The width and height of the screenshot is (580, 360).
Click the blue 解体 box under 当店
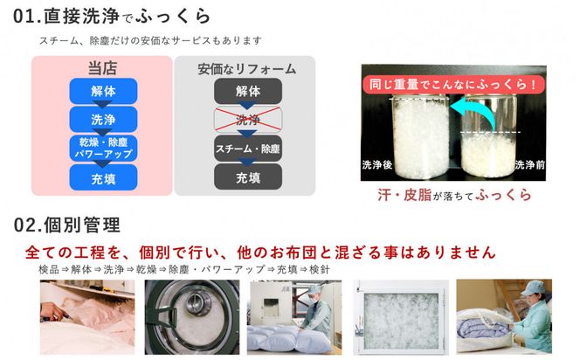[103, 91]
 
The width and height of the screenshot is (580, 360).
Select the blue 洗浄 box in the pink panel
[103, 119]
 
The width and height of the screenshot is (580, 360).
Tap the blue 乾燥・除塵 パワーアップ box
[103, 148]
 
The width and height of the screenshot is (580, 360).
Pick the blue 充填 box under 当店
[103, 178]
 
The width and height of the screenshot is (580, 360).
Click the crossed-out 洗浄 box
[248, 120]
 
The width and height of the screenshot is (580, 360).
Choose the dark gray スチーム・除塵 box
[248, 149]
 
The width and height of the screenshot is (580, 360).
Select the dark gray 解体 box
[248, 91]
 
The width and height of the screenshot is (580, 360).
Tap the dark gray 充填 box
[248, 177]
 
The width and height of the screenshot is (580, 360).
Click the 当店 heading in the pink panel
[102, 68]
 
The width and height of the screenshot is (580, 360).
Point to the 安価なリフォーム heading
[246, 69]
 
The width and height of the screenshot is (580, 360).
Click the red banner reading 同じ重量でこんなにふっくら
[453, 85]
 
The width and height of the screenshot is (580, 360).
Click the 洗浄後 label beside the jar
[377, 164]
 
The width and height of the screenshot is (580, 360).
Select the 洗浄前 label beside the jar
[529, 164]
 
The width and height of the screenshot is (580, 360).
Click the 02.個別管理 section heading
[67, 225]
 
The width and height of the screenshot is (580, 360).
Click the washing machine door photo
[192, 317]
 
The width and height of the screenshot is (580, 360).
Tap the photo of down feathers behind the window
[401, 317]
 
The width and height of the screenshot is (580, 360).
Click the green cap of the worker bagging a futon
[533, 287]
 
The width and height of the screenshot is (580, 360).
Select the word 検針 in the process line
[319, 269]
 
